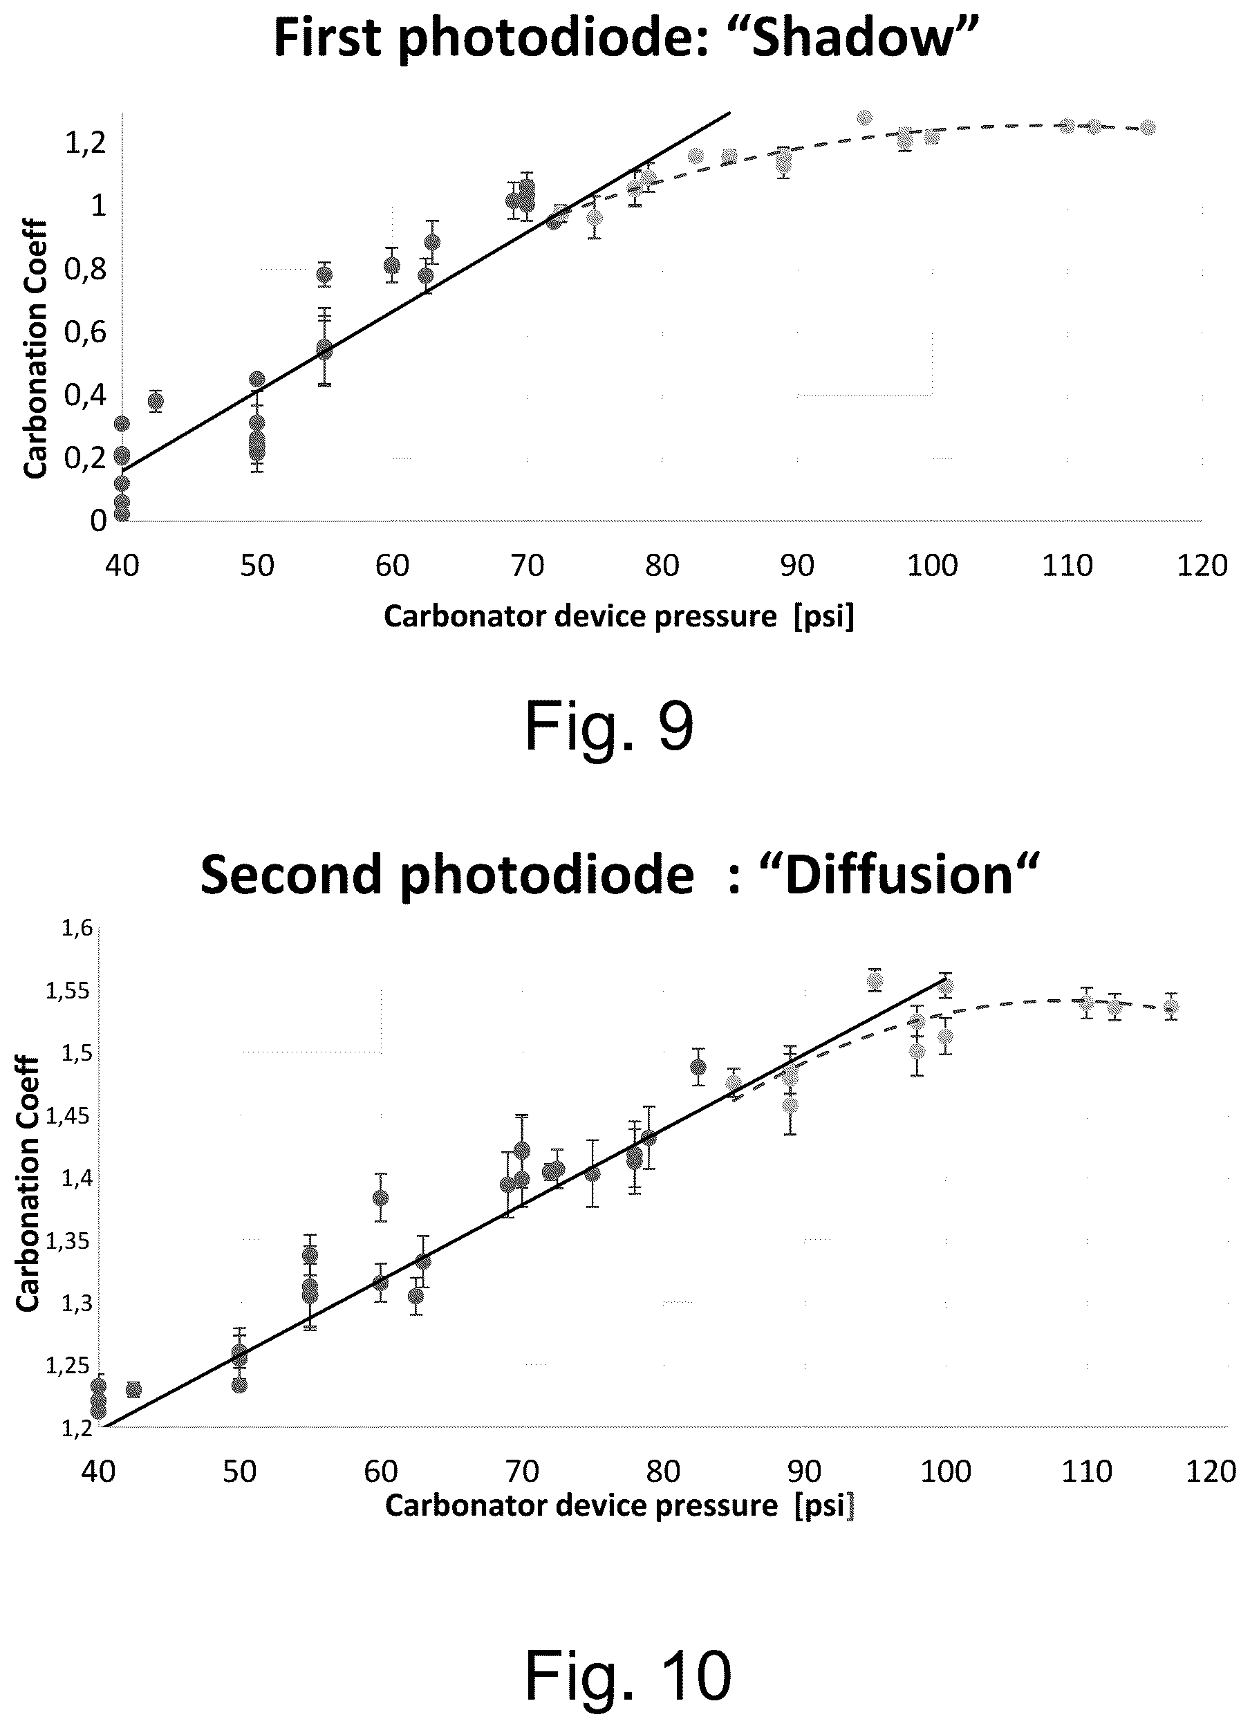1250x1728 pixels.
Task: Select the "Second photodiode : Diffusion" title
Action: (620, 874)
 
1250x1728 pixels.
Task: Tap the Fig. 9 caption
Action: (609, 727)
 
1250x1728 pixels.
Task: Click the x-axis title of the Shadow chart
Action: (619, 615)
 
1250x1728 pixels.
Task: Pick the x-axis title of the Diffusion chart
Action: (619, 1505)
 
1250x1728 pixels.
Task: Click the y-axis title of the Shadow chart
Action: (35, 349)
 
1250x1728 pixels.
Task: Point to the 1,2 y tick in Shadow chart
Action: (86, 142)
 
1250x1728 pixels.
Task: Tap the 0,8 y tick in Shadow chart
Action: (85, 269)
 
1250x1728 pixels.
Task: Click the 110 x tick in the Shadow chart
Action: (1067, 566)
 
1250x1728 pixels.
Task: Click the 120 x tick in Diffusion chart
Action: (1211, 1471)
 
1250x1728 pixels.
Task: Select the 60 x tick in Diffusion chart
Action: (381, 1471)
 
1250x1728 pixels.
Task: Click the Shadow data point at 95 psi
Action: (865, 118)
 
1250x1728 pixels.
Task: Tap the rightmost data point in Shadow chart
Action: (1148, 127)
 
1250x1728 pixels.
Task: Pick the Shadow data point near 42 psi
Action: (156, 402)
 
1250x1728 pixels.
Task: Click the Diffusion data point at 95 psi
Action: (875, 981)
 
